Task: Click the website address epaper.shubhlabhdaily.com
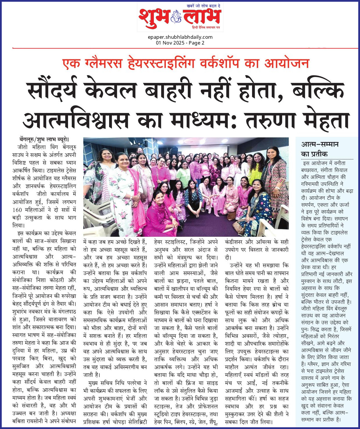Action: coord(180,37)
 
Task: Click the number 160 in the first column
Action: coord(17,210)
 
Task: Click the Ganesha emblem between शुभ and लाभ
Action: coord(176,17)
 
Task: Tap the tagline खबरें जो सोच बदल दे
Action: coord(205,6)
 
